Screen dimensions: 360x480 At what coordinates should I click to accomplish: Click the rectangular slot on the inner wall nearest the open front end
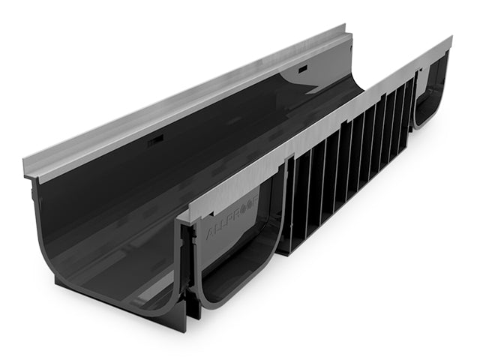156,141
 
